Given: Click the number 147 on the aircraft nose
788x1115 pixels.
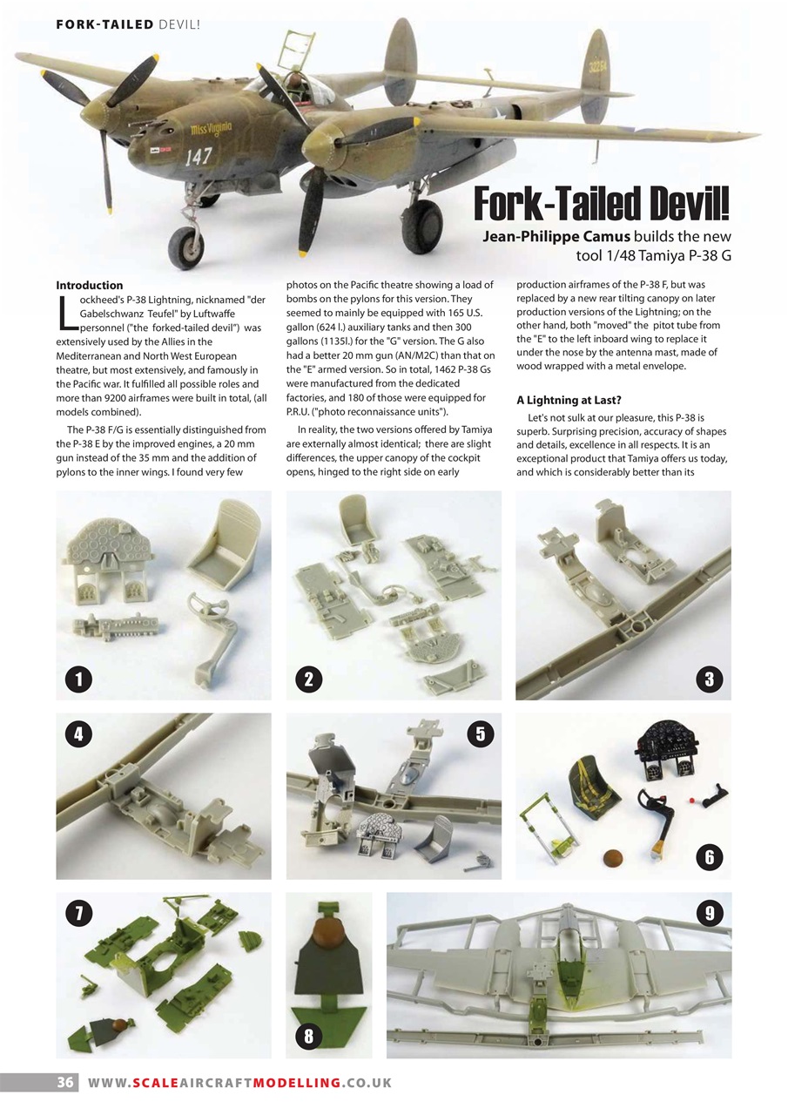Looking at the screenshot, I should [199, 157].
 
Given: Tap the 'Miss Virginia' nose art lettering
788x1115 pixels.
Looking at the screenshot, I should [212, 130].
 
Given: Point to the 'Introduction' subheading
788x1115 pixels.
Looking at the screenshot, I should [90, 285].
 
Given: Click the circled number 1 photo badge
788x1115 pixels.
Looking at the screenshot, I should [78, 679].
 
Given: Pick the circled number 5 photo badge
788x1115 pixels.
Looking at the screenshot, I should [479, 733].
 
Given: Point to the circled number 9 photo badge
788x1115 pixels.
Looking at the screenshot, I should [710, 913].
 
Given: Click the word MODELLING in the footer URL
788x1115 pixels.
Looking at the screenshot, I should [296, 1083].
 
